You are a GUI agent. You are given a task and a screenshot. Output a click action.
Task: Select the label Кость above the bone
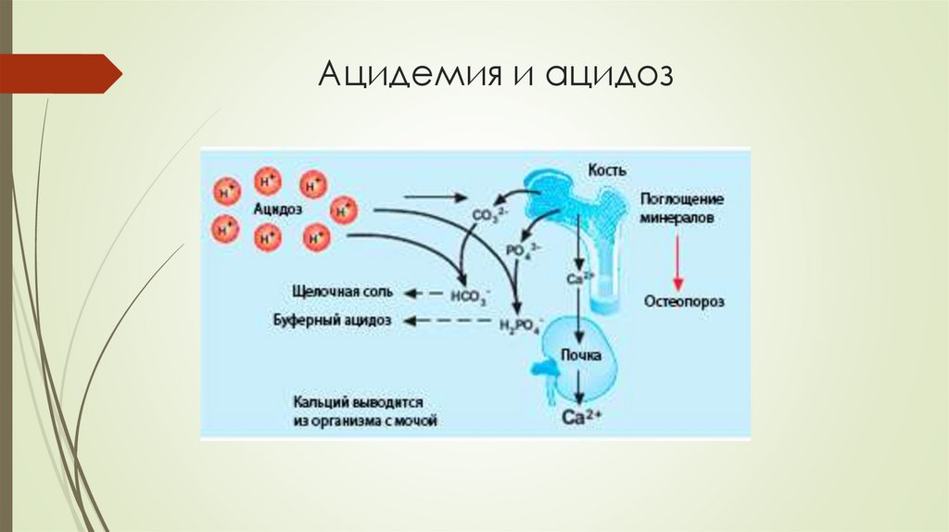[x=607, y=171]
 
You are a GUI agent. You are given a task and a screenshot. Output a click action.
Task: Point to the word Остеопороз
[x=684, y=301]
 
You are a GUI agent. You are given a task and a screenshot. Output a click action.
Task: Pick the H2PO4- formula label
[x=520, y=323]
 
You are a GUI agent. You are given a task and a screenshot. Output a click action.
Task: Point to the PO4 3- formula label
[x=524, y=250]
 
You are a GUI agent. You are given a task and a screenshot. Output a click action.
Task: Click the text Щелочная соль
[x=342, y=292]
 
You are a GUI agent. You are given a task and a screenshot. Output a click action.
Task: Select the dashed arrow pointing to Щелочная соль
[x=424, y=293]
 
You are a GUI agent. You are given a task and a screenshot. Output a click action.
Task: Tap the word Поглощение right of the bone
[x=681, y=199]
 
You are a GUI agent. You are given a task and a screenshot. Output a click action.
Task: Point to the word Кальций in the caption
[x=321, y=403]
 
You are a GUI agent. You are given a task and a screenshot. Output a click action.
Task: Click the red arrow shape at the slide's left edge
[x=61, y=73]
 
